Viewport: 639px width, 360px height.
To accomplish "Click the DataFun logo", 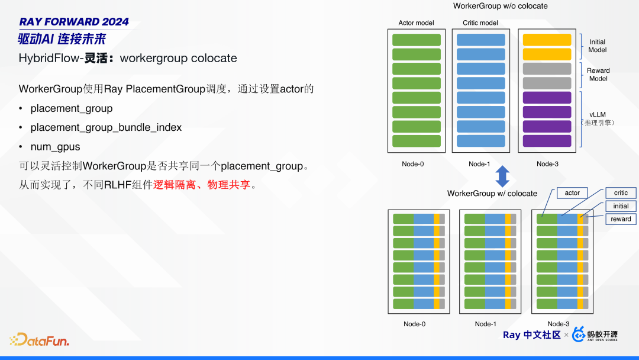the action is tap(40, 339).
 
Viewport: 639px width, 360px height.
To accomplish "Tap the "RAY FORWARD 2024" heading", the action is tap(74, 21).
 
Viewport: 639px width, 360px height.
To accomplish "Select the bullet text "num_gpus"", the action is tap(56, 147).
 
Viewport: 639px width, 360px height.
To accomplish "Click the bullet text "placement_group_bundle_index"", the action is tap(106, 128).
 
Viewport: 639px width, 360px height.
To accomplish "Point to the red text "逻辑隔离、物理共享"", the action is tap(202, 185).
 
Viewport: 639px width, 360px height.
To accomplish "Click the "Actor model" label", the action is tap(416, 23).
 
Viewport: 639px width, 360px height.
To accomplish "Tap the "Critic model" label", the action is tap(480, 23).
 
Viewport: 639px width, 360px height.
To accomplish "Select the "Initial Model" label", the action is tap(598, 46).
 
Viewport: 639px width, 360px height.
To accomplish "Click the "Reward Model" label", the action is tap(598, 74).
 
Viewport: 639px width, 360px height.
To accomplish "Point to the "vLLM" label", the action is tap(598, 114).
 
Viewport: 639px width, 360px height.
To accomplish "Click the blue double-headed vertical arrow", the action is tap(502, 176).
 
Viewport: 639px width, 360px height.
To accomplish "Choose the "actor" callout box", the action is tap(572, 193).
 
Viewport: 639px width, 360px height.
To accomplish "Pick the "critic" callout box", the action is tap(621, 193).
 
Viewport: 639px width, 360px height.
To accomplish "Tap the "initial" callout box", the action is tap(621, 206).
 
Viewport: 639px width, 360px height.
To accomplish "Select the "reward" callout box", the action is tap(621, 219).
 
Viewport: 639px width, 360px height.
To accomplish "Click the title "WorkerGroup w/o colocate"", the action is tap(501, 6).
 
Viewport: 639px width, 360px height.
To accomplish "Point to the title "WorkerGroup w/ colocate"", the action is tap(492, 193).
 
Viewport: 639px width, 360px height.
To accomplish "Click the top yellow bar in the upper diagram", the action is tap(547, 40).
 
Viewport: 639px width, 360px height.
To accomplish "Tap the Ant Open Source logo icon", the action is tap(579, 335).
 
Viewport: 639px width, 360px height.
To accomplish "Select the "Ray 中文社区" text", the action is tap(532, 335).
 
